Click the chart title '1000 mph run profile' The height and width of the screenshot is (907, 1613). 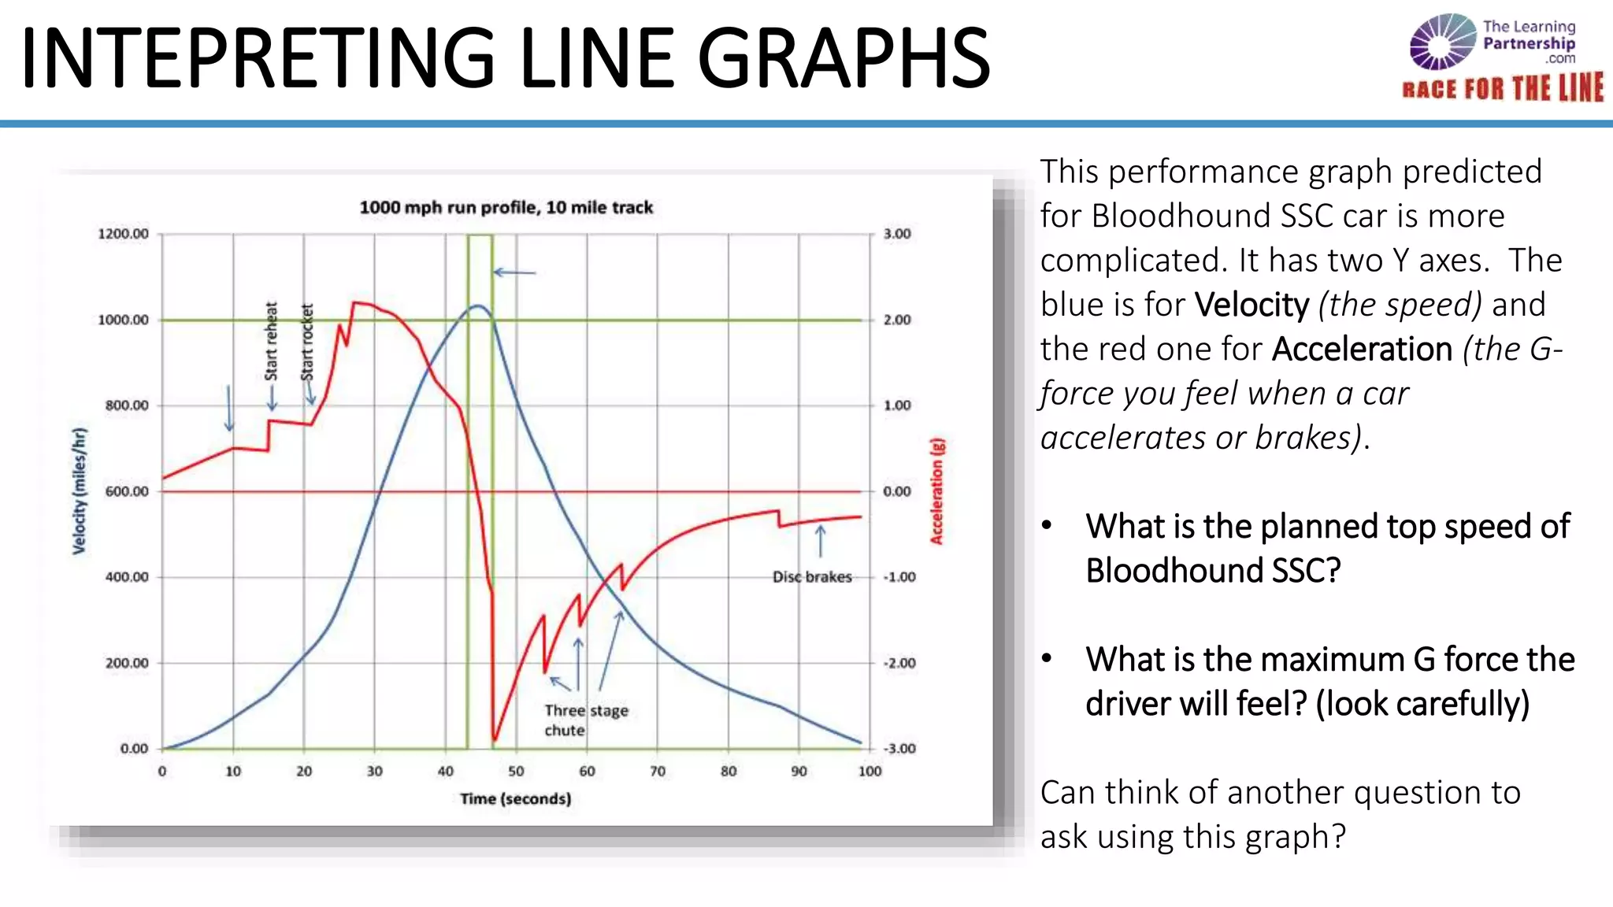pos(506,208)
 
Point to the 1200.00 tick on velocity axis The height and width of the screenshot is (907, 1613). pos(123,234)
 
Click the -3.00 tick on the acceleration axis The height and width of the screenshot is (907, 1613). pos(899,749)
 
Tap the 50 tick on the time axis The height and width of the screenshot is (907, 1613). pos(516,772)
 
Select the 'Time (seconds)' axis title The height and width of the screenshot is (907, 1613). pos(515,799)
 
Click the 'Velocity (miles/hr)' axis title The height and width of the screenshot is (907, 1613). pos(79,491)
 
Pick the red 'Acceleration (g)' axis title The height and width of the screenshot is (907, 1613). pos(936,491)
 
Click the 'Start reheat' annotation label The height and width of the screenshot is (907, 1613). pos(272,341)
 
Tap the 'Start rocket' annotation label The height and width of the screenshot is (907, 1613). pos(308,342)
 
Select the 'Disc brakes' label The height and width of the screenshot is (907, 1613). pos(812,577)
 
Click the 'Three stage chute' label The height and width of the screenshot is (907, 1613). pos(585,720)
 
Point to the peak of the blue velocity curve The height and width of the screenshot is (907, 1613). pos(477,305)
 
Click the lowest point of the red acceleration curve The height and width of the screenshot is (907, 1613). pos(495,740)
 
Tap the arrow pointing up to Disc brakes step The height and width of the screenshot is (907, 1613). pos(821,542)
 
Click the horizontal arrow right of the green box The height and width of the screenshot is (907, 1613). pos(514,272)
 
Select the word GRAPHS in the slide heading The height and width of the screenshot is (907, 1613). pos(843,58)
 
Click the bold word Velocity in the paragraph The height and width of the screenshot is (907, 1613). pos(1251,305)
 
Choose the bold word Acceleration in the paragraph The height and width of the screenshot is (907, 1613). pos(1362,350)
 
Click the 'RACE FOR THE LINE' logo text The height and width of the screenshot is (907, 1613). pos(1502,88)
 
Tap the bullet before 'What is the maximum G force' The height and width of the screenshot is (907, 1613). pos(1047,658)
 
